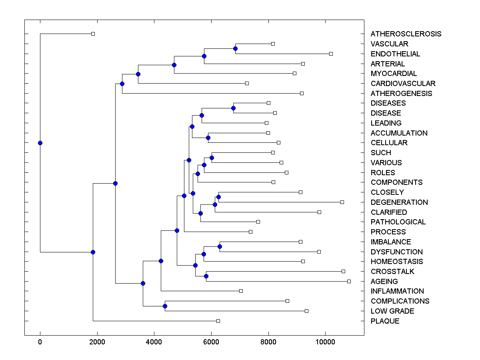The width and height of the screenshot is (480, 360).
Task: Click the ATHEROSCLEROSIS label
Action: pos(406,34)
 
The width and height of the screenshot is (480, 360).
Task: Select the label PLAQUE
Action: pos(385,321)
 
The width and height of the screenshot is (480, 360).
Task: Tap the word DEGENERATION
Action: pos(399,202)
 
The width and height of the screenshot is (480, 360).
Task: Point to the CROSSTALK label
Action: pos(392,272)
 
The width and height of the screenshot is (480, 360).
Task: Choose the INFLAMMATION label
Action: pos(397,291)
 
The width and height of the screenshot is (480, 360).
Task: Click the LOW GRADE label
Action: pos(392,311)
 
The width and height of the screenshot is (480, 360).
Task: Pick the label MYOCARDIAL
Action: pos(394,74)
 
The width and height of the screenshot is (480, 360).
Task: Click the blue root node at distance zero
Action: pos(40,143)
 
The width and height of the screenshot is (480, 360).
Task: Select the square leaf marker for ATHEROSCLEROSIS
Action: pos(93,34)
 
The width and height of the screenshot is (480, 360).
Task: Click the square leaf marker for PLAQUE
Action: pos(218,321)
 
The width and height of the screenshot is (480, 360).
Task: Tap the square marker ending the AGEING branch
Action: pos(349,281)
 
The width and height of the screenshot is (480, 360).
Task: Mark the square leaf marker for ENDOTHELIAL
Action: pos(331,54)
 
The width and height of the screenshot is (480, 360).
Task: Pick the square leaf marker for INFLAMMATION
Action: pos(241,291)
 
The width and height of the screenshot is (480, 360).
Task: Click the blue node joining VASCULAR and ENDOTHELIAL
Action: pos(235,49)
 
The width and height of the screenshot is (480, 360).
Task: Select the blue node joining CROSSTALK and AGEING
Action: pos(206,276)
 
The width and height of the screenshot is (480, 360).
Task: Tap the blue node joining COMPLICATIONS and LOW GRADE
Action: pos(165,306)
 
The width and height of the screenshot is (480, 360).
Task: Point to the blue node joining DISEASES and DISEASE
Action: pos(233,108)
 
